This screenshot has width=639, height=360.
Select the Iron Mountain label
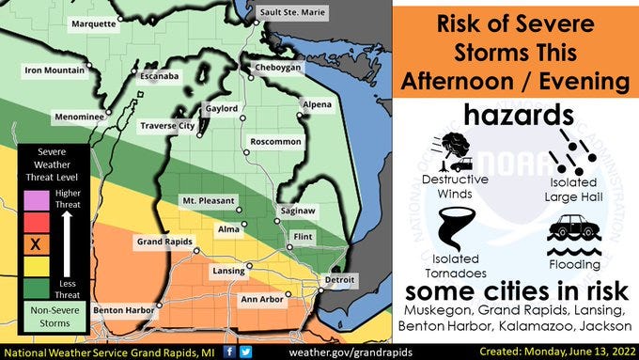coord(54,70)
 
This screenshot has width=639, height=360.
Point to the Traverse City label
coord(166,125)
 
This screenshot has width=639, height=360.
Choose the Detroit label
coord(338,280)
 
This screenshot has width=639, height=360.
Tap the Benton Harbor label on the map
coord(122,309)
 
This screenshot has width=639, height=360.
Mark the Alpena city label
coord(316,104)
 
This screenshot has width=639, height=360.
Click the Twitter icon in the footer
coord(247,351)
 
